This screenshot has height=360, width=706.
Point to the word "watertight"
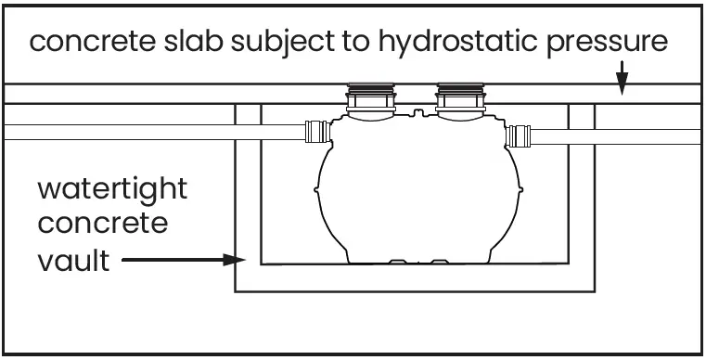point(111,189)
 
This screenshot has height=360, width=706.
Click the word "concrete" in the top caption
point(90,42)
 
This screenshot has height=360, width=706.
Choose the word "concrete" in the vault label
point(102,225)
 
